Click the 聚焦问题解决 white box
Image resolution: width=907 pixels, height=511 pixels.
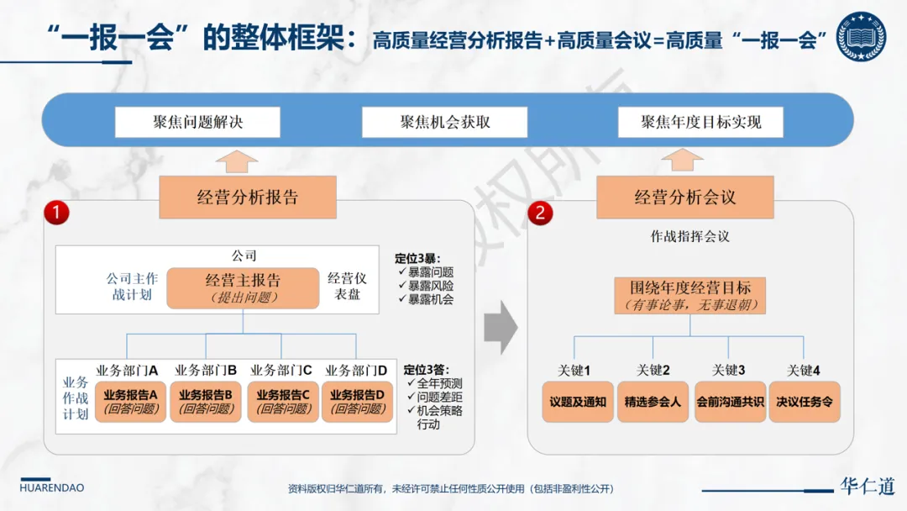[x=197, y=122]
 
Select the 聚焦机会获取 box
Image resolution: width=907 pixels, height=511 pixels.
[x=445, y=122]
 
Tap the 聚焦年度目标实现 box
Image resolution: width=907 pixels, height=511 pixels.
[x=700, y=122]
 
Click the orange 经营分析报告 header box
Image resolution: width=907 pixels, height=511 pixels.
[x=248, y=198]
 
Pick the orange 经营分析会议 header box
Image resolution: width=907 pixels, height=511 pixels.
[x=684, y=198]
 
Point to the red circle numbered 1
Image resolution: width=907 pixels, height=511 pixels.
[x=56, y=213]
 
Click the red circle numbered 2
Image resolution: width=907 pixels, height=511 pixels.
[x=539, y=213]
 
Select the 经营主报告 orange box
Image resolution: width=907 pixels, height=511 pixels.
[x=243, y=287]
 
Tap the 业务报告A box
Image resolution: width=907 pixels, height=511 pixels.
[x=130, y=401]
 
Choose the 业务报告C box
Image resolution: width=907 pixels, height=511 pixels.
[x=283, y=401]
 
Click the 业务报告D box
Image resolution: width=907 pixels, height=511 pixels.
[x=357, y=401]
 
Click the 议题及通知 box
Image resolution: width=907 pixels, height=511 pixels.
[x=578, y=402]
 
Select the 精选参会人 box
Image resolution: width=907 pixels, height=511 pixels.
[x=653, y=402]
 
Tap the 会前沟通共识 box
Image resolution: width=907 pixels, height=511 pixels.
[x=730, y=402]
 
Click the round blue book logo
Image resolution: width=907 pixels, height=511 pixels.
[x=862, y=37]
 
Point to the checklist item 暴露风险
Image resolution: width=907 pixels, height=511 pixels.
[x=430, y=286]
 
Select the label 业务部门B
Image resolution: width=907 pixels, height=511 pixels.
[x=206, y=370]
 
